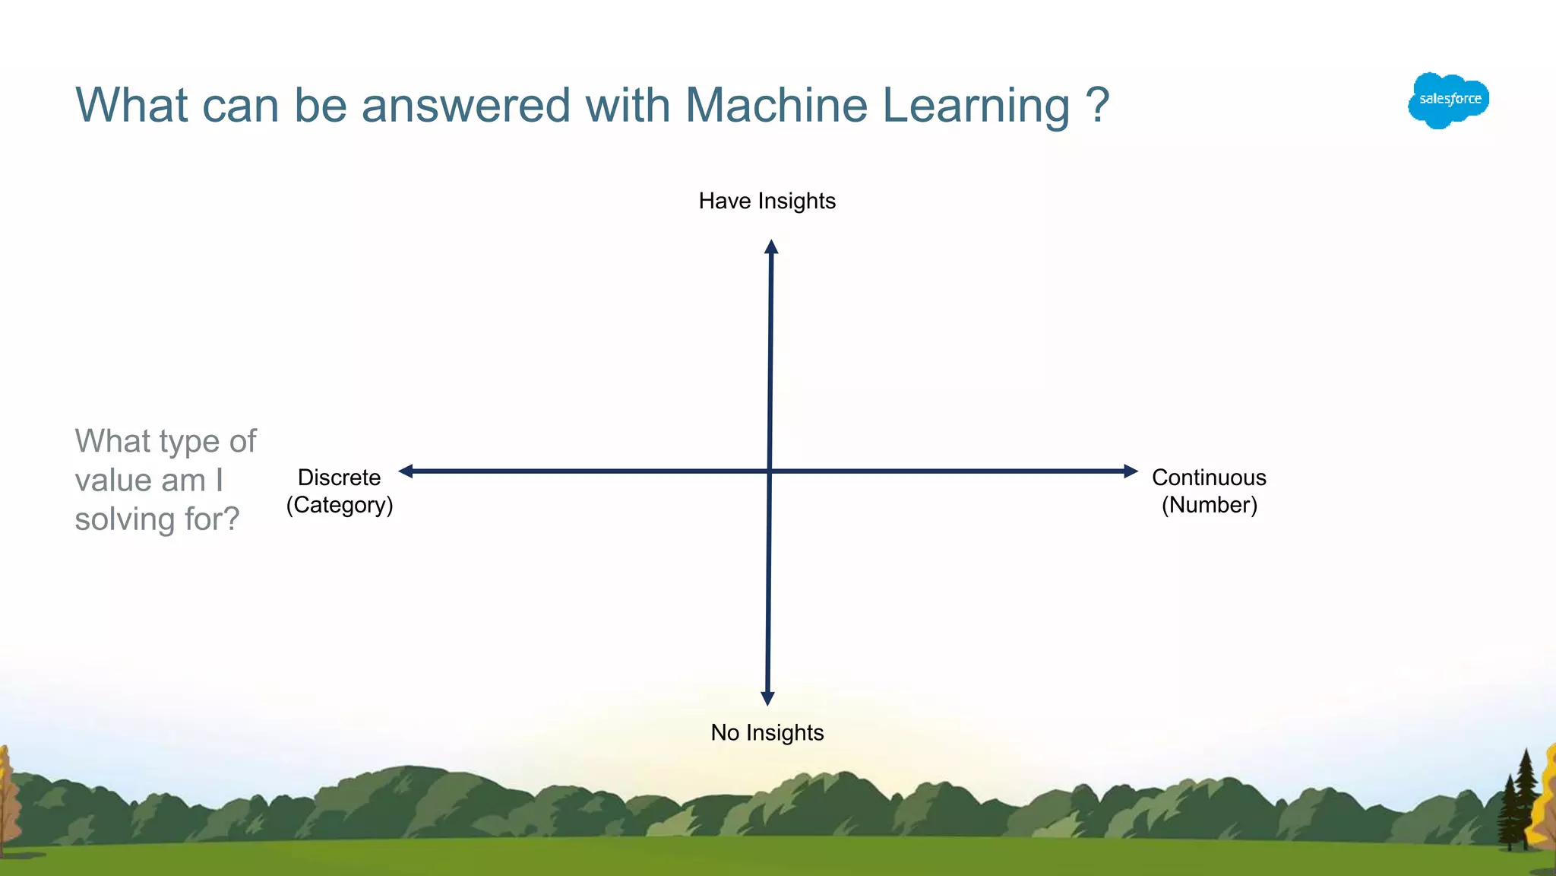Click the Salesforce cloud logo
[x=1448, y=100]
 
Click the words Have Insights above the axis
[x=767, y=201]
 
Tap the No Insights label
[x=767, y=732]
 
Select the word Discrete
[x=339, y=478]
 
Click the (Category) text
[x=339, y=505]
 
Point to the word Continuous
[x=1209, y=478]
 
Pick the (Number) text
[x=1209, y=505]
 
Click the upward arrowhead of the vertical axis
[x=771, y=246]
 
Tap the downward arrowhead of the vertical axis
[x=767, y=698]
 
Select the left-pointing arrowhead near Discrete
[x=406, y=471]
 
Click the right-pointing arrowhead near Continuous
[x=1131, y=471]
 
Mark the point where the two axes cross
[x=770, y=471]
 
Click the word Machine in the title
[x=776, y=105]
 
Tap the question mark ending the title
[x=1097, y=105]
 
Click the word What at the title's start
[x=131, y=105]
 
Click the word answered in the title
[x=465, y=105]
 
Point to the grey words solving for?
[x=157, y=519]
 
